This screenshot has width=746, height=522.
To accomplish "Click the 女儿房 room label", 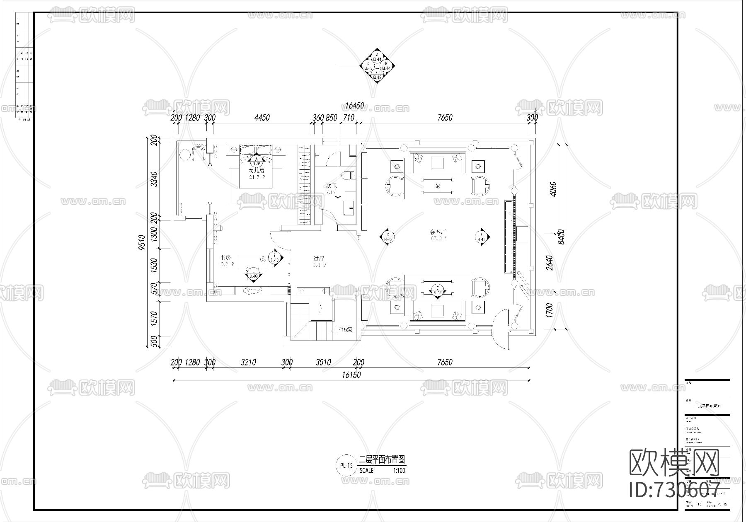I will (256, 170).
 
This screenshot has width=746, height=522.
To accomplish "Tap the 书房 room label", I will (226, 258).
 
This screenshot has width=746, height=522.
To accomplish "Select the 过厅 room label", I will (319, 259).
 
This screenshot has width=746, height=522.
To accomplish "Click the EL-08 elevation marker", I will (256, 161).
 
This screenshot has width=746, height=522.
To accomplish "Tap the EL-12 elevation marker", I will (438, 290).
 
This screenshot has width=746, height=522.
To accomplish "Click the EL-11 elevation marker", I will (482, 237).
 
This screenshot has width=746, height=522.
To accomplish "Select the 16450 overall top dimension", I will (354, 106).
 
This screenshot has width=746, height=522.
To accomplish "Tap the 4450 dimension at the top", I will (262, 118).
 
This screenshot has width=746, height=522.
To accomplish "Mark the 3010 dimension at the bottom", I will (323, 362).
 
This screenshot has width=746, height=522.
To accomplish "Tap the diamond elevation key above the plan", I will (377, 66).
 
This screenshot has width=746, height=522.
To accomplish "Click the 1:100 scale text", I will (399, 471).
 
